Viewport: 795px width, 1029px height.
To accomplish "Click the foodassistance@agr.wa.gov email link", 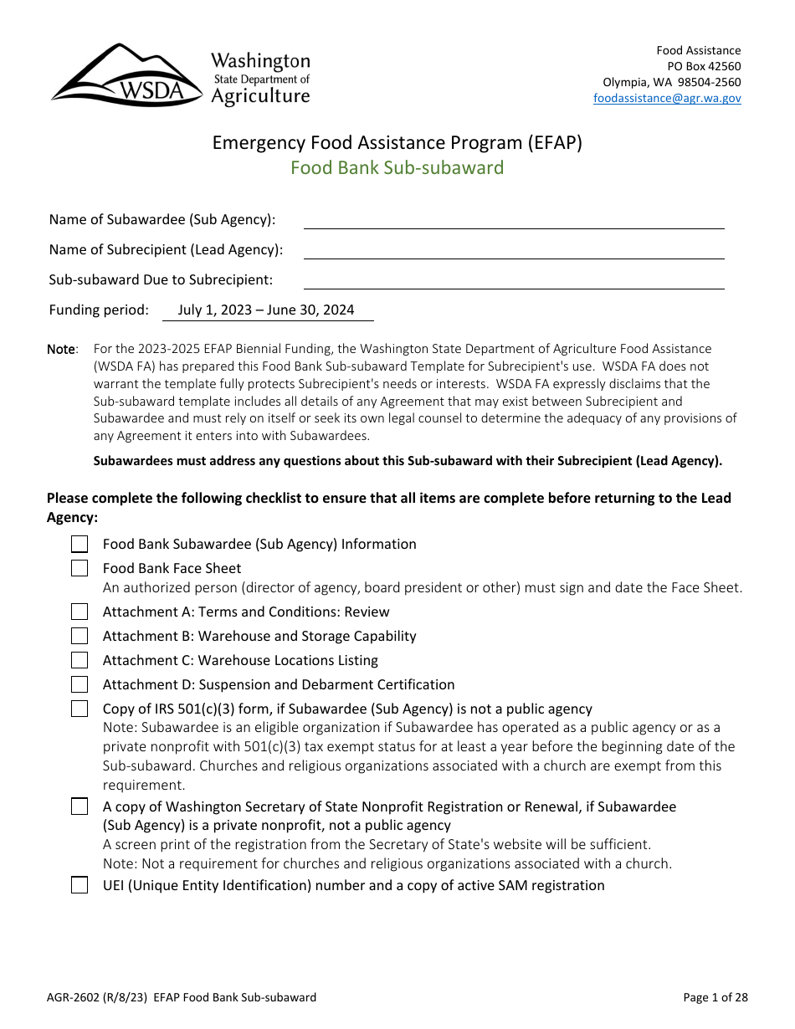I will coord(667,98).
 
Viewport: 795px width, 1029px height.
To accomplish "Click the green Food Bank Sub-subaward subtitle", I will coord(397,167).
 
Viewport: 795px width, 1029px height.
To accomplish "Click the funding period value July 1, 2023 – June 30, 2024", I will coord(266,310).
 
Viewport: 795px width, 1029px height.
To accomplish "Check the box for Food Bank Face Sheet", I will coord(79,569).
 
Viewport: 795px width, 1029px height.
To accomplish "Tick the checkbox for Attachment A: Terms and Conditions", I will coord(79,612).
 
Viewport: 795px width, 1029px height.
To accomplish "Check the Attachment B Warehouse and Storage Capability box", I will coord(79,637).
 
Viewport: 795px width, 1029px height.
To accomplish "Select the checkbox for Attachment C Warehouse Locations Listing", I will coord(79,661).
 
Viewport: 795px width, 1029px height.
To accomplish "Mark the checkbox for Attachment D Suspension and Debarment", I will coord(79,685).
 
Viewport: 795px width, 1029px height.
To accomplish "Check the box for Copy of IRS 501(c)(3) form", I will coord(79,709).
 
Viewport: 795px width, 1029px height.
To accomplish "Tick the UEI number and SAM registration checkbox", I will coord(79,886).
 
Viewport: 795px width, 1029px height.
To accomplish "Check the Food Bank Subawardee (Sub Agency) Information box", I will coord(79,545).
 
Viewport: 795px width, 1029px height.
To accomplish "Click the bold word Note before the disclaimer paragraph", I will coord(61,350).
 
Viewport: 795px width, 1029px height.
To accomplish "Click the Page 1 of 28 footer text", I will coord(715,997).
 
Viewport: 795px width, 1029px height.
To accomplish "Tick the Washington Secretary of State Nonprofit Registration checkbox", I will coord(79,807).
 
